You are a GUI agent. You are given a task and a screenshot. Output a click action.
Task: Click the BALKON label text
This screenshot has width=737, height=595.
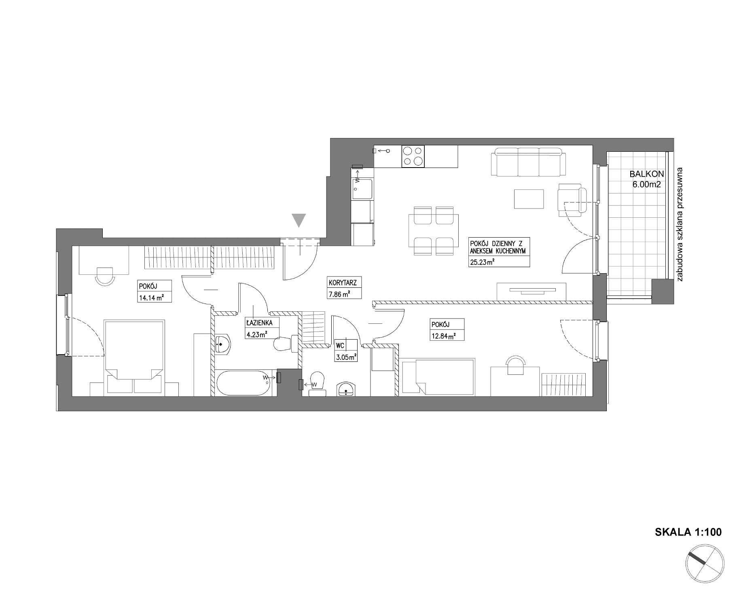click(647, 174)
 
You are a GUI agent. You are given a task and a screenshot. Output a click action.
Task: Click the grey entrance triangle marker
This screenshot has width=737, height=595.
click(299, 220)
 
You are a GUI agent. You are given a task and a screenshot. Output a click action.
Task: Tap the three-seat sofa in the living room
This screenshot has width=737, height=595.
click(528, 162)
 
